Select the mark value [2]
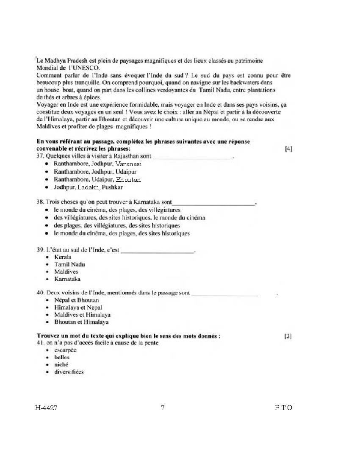(x=288, y=336)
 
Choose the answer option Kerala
(x=63, y=257)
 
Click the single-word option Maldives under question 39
(x=66, y=272)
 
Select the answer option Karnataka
(x=67, y=279)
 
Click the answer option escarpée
(x=65, y=350)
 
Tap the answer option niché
(x=61, y=364)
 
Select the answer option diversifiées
(x=69, y=372)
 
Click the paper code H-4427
(x=46, y=408)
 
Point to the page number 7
(x=163, y=408)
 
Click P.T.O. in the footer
(x=284, y=408)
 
